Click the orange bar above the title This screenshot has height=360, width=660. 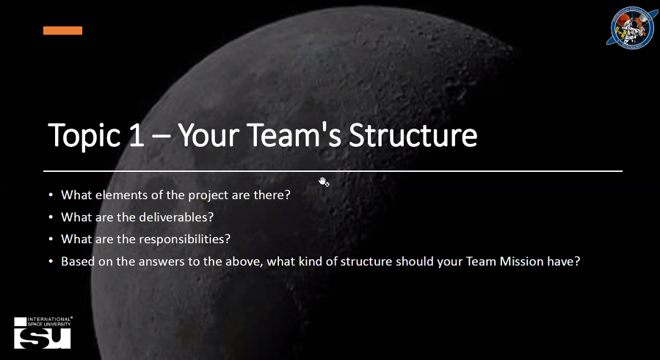pos(62,30)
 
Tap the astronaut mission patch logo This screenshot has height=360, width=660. pos(632,27)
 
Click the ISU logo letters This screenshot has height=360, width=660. pos(43,338)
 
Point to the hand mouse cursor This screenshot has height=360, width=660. pos(323,182)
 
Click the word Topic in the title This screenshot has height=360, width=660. pos(84,135)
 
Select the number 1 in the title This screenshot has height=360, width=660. pos(137,135)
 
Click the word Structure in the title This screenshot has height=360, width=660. pos(413,135)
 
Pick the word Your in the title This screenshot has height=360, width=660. pos(208,135)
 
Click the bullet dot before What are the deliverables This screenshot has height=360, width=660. pos(51,217)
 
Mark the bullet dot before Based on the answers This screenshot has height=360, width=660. pos(51,262)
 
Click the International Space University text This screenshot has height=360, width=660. pos(50,322)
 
